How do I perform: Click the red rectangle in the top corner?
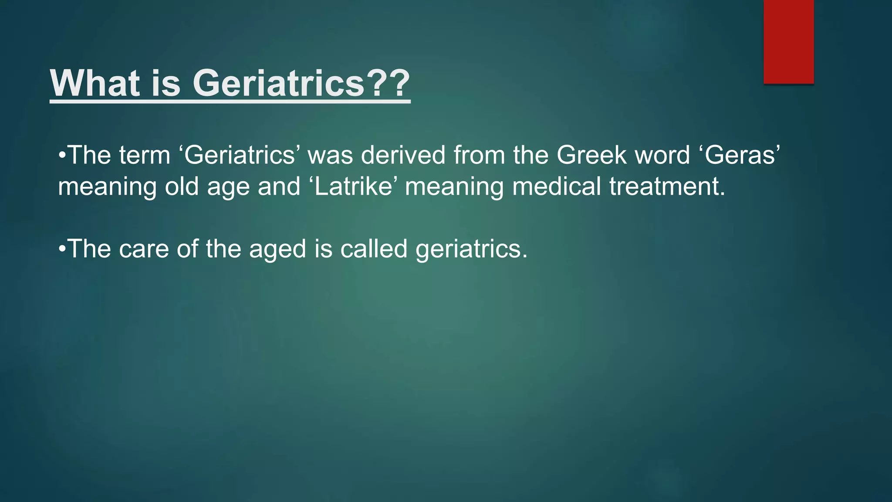[x=788, y=41]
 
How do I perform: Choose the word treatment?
[x=667, y=186]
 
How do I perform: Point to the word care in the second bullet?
[x=144, y=249]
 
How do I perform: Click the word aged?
[x=277, y=250]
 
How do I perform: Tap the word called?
[x=374, y=249]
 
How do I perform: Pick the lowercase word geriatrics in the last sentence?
[x=471, y=250]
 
